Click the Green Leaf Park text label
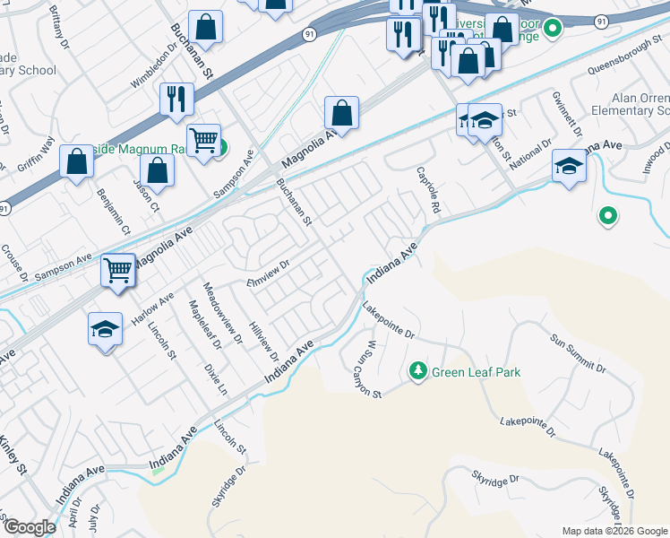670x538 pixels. (x=476, y=372)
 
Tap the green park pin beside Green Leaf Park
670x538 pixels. (x=417, y=369)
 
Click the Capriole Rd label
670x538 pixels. (x=429, y=189)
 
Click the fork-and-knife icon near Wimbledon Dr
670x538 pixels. (x=176, y=98)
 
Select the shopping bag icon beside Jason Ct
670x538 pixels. (x=157, y=171)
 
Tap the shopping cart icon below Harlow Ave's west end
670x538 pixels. (x=118, y=268)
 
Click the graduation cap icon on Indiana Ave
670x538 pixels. (x=568, y=165)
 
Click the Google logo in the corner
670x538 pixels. (x=29, y=527)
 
